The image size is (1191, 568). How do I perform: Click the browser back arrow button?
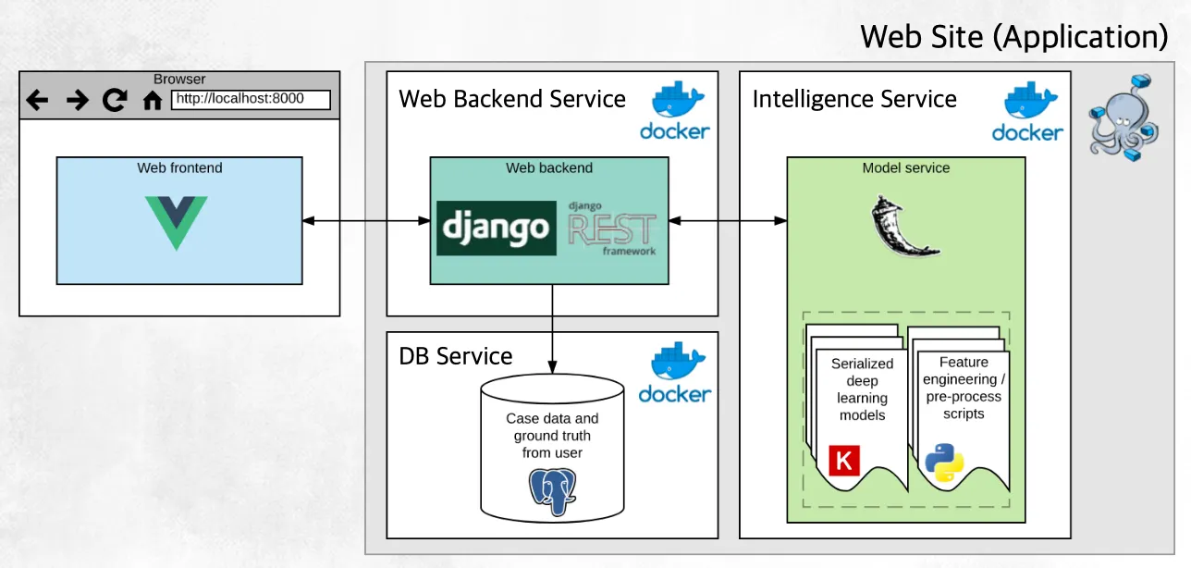pos(37,100)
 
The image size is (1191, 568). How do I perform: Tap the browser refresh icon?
pos(115,100)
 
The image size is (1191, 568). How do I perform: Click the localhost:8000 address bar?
pos(251,99)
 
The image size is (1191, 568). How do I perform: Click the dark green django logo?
pos(497,228)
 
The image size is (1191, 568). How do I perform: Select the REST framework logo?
pos(612,228)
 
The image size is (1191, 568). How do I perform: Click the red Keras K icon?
pos(844,460)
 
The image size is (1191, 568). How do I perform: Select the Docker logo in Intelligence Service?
pos(1027,112)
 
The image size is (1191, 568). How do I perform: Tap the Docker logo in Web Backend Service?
pos(675,111)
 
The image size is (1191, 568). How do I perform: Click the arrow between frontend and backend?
pos(366,221)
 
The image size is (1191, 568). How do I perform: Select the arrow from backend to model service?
pos(728,221)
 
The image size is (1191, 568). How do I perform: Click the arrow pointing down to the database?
pos(553,328)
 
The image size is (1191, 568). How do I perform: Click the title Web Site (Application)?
pos(1014,37)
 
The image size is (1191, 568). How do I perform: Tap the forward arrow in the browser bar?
pos(77,100)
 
